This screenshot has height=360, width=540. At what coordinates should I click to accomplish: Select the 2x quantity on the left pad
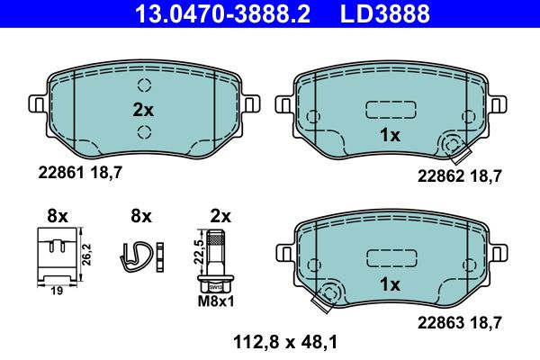144,111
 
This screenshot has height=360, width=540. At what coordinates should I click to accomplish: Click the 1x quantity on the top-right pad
390,136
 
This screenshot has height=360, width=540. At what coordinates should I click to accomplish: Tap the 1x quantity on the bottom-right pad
390,283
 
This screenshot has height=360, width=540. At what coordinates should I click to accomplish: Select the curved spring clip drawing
136,256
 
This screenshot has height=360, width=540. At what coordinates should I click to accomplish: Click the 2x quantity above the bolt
220,216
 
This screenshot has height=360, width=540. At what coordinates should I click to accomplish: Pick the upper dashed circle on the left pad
144,86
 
